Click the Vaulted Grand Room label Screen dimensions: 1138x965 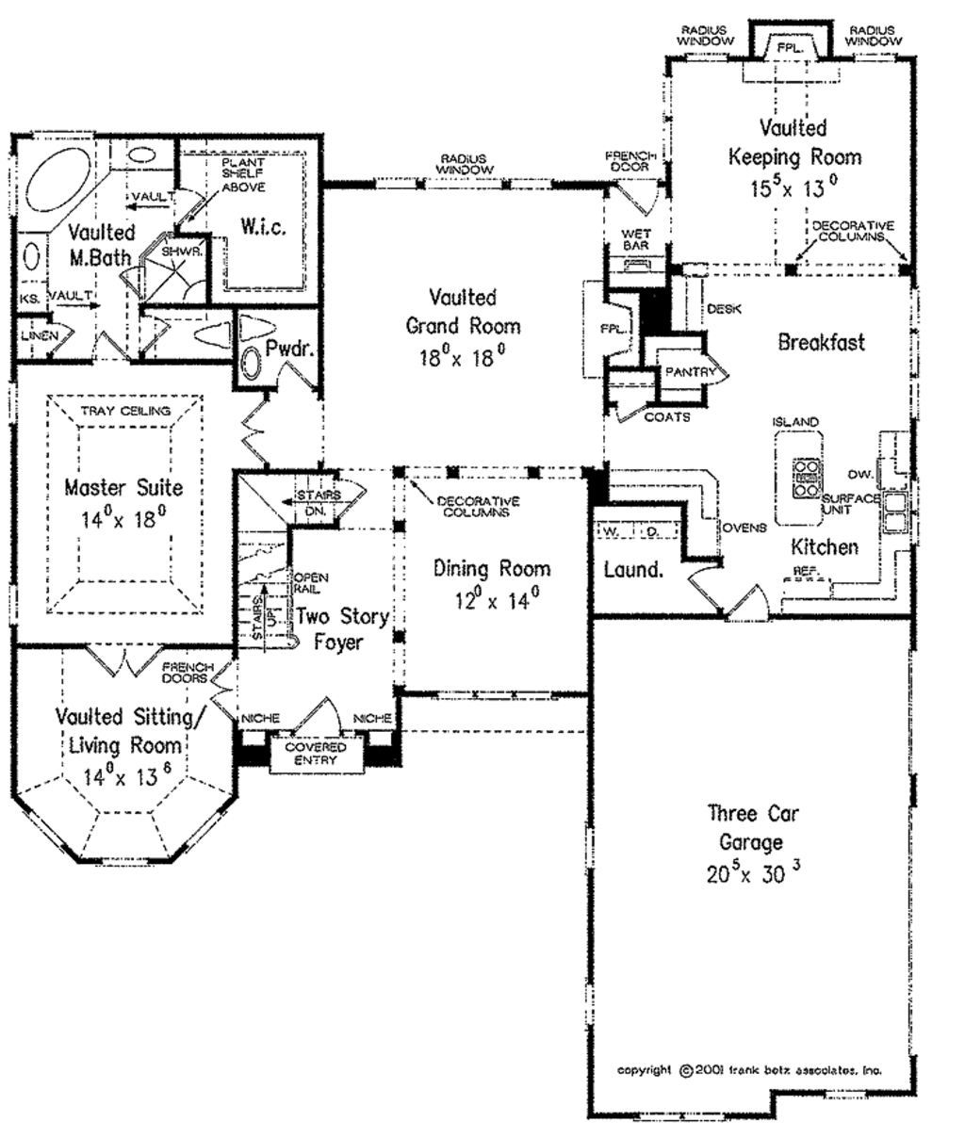463,312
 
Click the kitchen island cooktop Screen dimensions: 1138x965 807,477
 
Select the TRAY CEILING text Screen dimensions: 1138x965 125,411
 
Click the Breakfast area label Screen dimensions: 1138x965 821,342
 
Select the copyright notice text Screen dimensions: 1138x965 749,1070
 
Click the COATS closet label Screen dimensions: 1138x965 666,416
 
